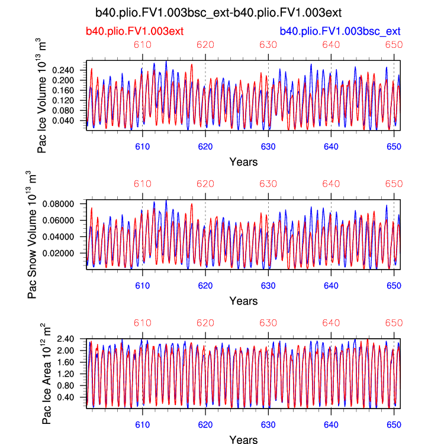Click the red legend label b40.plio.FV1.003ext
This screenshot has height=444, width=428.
(x=134, y=31)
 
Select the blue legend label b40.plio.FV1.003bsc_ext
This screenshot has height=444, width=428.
(x=340, y=31)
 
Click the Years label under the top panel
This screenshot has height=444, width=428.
(x=243, y=161)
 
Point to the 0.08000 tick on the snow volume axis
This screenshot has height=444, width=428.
(x=66, y=204)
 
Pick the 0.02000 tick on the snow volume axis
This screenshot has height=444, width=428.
(x=66, y=253)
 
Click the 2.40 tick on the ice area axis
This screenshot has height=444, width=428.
(x=73, y=339)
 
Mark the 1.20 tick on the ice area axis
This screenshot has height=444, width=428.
(x=73, y=374)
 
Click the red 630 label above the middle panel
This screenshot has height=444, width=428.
(x=268, y=183)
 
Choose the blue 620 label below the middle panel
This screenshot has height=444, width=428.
(x=205, y=284)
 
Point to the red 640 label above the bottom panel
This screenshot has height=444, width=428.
(x=331, y=323)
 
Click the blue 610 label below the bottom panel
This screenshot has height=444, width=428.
(x=142, y=424)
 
